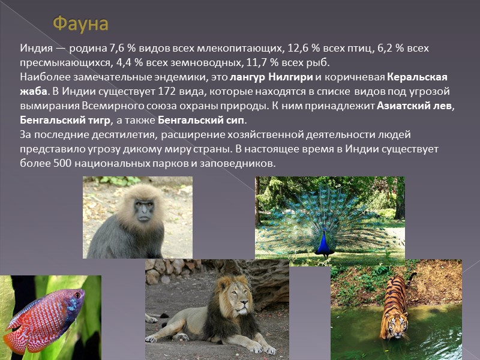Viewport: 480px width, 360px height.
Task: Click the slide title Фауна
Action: point(80,24)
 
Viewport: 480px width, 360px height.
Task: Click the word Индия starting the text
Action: point(35,48)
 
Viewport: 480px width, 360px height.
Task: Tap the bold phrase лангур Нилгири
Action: point(272,77)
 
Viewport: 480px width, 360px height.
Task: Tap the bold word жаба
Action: point(34,92)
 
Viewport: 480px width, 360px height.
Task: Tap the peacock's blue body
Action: point(324,244)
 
